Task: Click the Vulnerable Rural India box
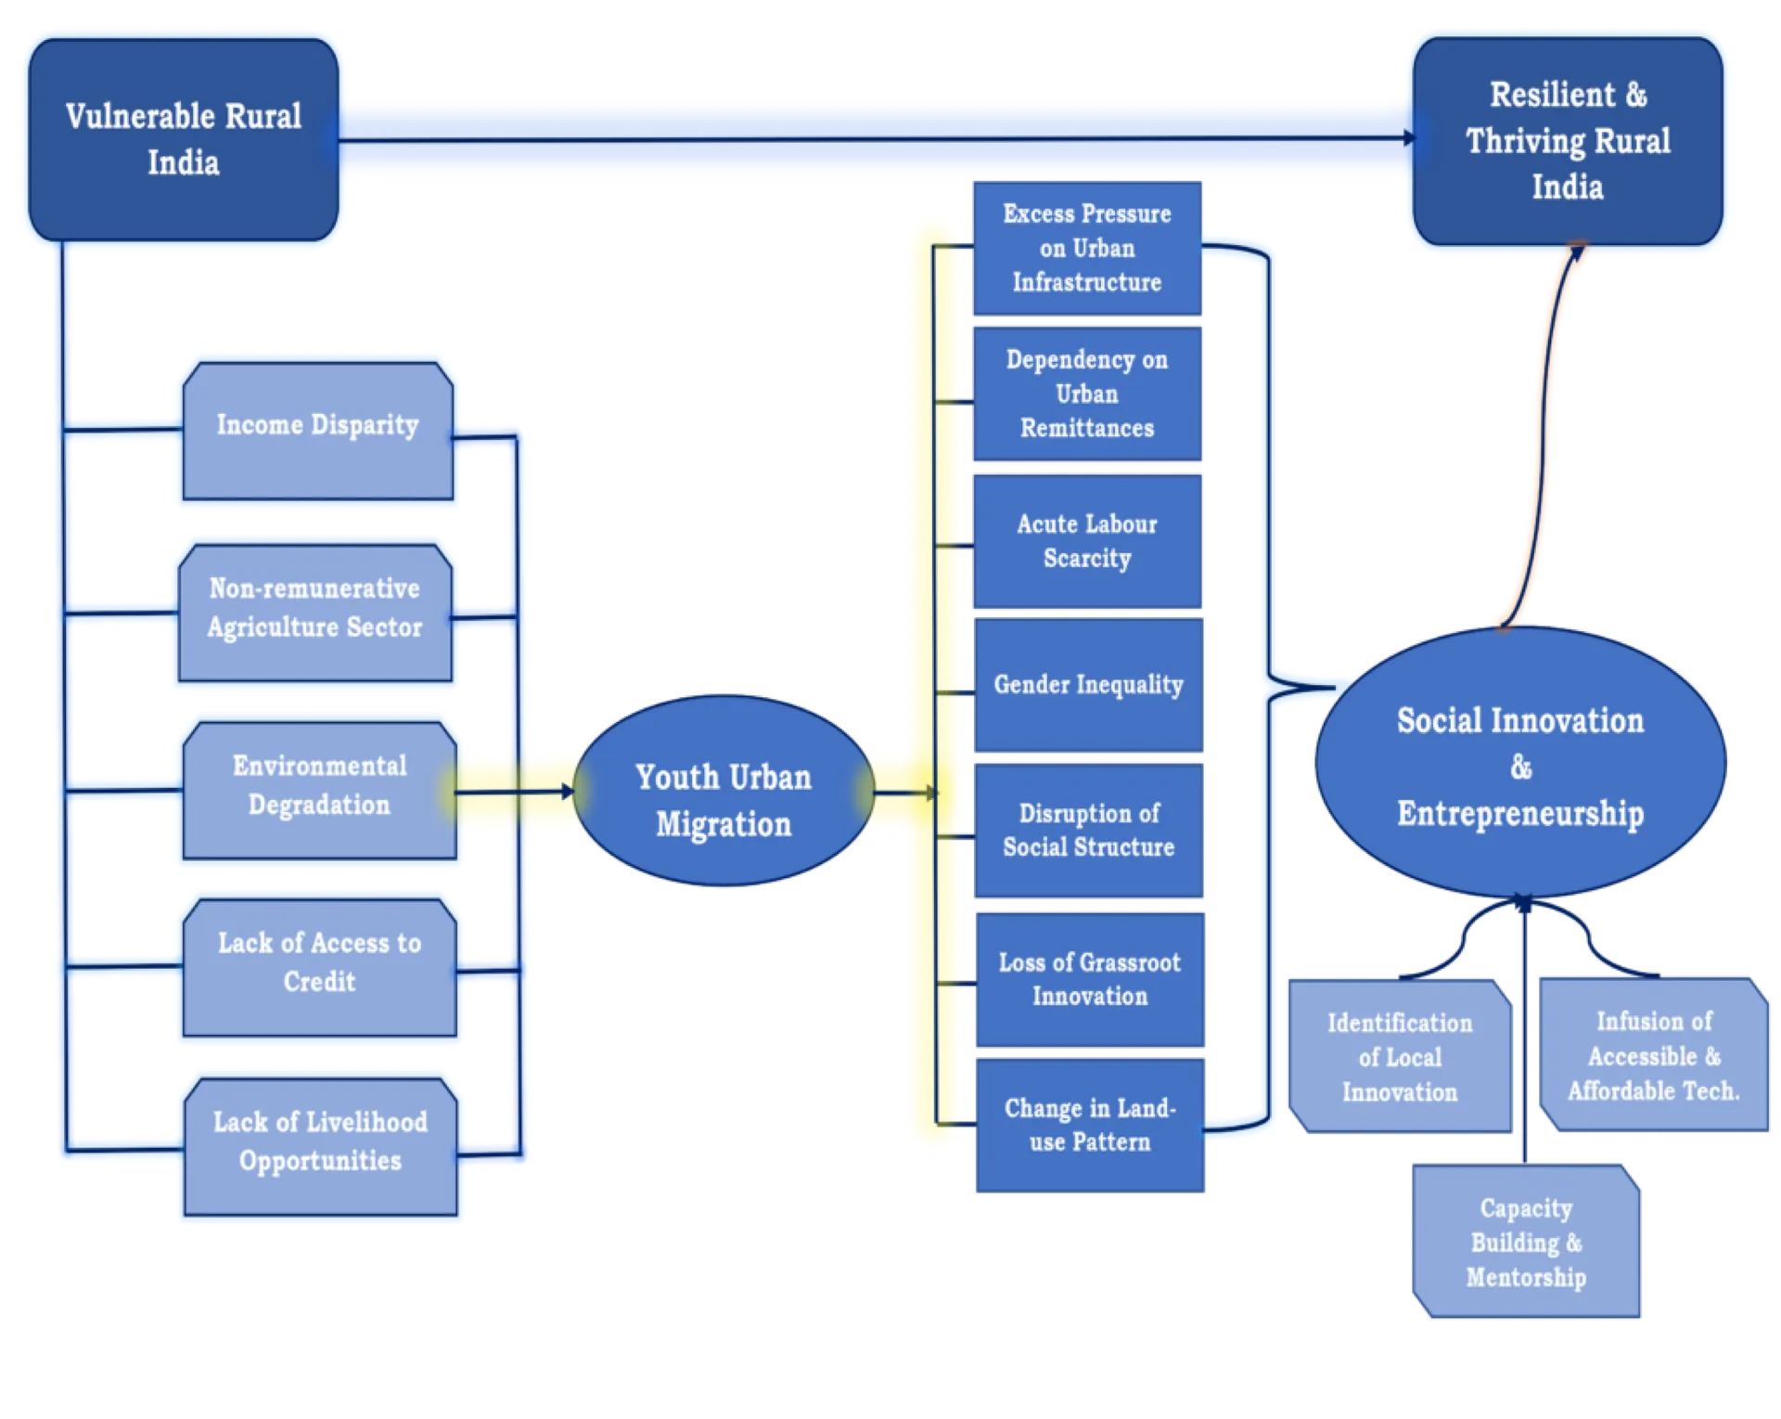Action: pos(184,139)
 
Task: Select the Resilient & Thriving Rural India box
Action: pos(1568,141)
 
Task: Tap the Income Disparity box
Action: pos(318,431)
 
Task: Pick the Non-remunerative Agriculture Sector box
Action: pos(315,613)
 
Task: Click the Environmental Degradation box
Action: pos(319,791)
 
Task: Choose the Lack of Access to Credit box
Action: pos(319,967)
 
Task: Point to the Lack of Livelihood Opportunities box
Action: pos(320,1146)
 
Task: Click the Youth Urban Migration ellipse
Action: pos(724,791)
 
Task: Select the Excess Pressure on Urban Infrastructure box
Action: pos(1087,248)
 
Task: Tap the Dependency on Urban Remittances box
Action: pos(1087,393)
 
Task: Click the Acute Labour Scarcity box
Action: pos(1087,541)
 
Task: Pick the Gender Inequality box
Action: pos(1089,685)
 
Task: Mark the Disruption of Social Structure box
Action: pos(1089,831)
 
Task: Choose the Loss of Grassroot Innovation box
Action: pos(1090,980)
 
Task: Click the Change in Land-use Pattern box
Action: pos(1090,1125)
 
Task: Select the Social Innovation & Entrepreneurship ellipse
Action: pos(1520,763)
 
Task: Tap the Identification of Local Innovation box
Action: pos(1400,1056)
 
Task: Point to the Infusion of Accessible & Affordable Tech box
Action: pos(1654,1054)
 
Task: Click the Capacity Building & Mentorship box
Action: pos(1526,1241)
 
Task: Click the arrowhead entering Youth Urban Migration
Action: pos(568,792)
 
